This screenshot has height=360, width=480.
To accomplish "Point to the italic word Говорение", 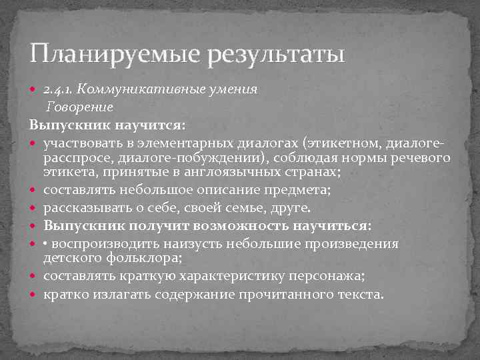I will (79, 107).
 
